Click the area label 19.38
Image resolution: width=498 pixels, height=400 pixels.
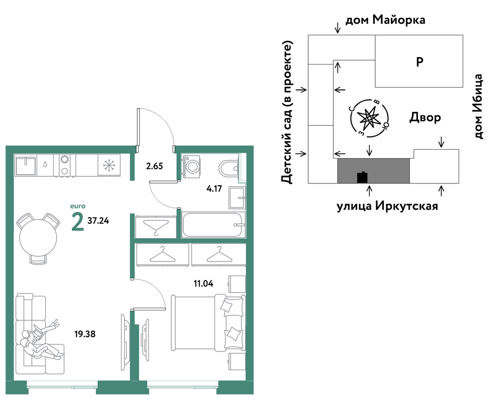coord(85,334)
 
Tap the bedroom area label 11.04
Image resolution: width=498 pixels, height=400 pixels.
coord(204,283)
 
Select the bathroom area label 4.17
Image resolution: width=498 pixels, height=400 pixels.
coord(214,189)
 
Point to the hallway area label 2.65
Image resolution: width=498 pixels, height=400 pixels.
coord(154,166)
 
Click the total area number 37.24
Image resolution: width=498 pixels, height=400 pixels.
coord(98,221)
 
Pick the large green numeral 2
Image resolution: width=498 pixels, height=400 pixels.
coord(77,222)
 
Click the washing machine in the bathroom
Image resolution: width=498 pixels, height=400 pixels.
coord(191,166)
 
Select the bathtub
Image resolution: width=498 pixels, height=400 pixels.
coord(213,225)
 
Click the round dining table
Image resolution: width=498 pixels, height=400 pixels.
coord(38,238)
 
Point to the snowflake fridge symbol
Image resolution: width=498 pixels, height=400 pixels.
coord(109,165)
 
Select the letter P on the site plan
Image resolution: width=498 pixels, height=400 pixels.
coord(420,62)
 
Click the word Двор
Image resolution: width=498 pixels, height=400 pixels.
coord(425,118)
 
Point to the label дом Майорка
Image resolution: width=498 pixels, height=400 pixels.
coord(385,20)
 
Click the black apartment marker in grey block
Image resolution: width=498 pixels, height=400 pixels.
coord(362,178)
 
